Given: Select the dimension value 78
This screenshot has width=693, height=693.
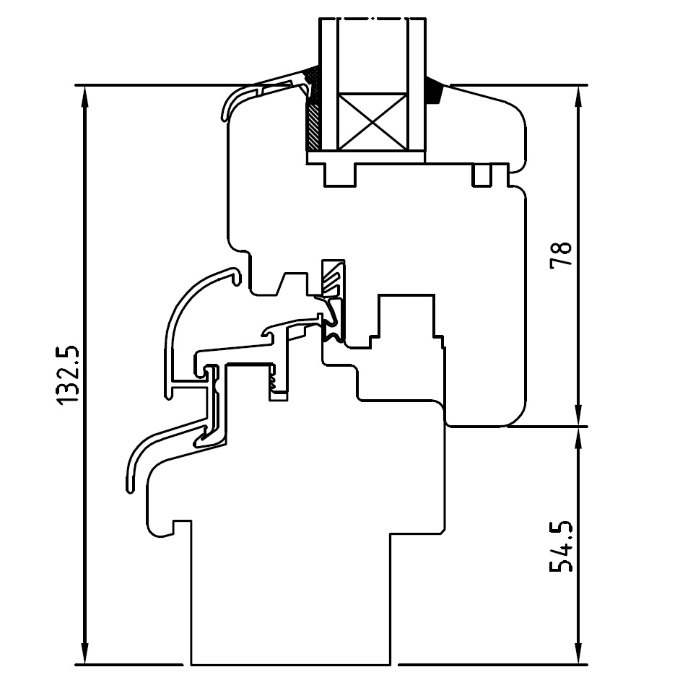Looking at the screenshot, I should [x=561, y=256].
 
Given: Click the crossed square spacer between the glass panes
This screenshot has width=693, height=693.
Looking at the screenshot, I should [x=372, y=121].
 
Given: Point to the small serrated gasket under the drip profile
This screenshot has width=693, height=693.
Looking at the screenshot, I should [x=276, y=383].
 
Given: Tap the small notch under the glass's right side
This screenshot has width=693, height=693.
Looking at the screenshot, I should [x=482, y=174].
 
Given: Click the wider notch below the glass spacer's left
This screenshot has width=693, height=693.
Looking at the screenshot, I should [x=341, y=174].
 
